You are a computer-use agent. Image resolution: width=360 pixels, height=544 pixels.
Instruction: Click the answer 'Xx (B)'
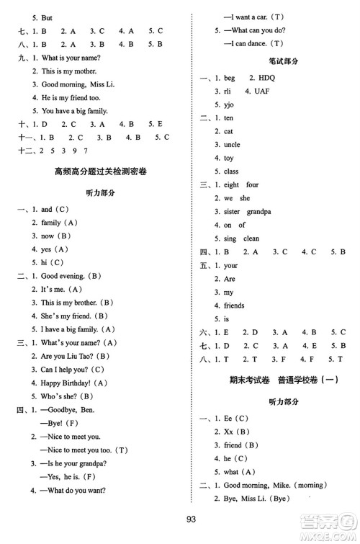237,432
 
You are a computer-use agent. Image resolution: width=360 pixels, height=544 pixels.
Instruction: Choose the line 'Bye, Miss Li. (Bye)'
264,499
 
